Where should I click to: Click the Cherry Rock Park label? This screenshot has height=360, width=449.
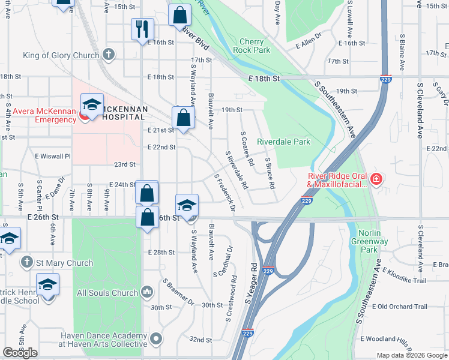[255, 46]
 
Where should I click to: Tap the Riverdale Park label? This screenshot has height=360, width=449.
[283, 142]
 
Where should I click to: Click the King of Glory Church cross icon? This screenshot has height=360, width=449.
[108, 55]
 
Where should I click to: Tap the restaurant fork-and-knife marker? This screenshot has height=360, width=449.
[143, 29]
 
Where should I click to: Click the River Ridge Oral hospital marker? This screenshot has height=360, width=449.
[376, 178]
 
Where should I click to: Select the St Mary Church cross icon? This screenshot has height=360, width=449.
[26, 262]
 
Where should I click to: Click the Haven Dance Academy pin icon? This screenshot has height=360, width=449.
[156, 340]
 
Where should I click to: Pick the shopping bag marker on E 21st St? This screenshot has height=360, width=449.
[184, 117]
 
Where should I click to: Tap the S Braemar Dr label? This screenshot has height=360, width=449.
[178, 292]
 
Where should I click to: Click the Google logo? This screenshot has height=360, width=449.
[20, 353]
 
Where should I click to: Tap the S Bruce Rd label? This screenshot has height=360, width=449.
[270, 173]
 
